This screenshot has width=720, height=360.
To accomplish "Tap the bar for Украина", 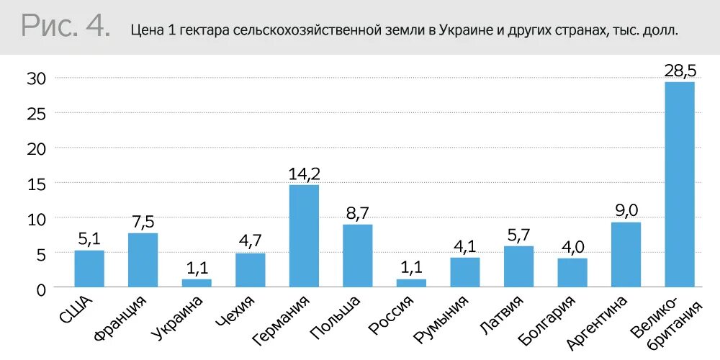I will click(x=197, y=283).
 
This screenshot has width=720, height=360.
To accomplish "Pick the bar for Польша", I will click(x=357, y=256).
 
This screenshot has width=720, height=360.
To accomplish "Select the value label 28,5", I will click(x=680, y=71).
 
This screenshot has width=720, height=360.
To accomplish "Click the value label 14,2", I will click(x=304, y=174).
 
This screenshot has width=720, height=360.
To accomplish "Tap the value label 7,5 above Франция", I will click(x=143, y=222).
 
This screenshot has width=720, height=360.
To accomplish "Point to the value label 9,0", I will click(x=626, y=211).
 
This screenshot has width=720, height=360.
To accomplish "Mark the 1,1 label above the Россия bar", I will click(x=411, y=268).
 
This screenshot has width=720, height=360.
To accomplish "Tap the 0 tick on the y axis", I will click(x=41, y=289).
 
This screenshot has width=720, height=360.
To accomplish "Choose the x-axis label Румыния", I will click(x=442, y=318).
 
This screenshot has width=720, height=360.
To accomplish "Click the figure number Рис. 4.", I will click(x=66, y=27).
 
